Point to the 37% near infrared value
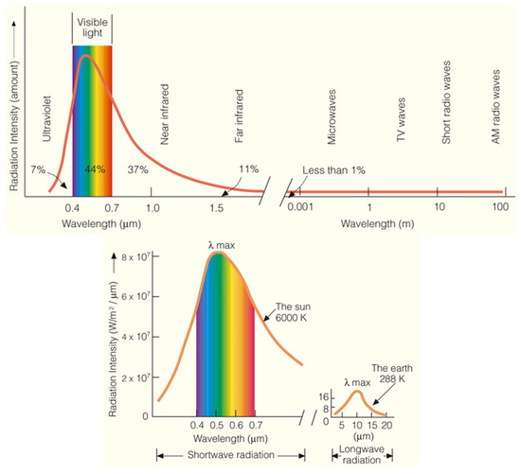pyautogui.click(x=137, y=169)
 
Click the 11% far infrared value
pyautogui.click(x=249, y=169)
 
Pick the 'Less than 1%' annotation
pyautogui.click(x=333, y=170)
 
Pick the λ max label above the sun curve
pyautogui.click(x=222, y=245)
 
